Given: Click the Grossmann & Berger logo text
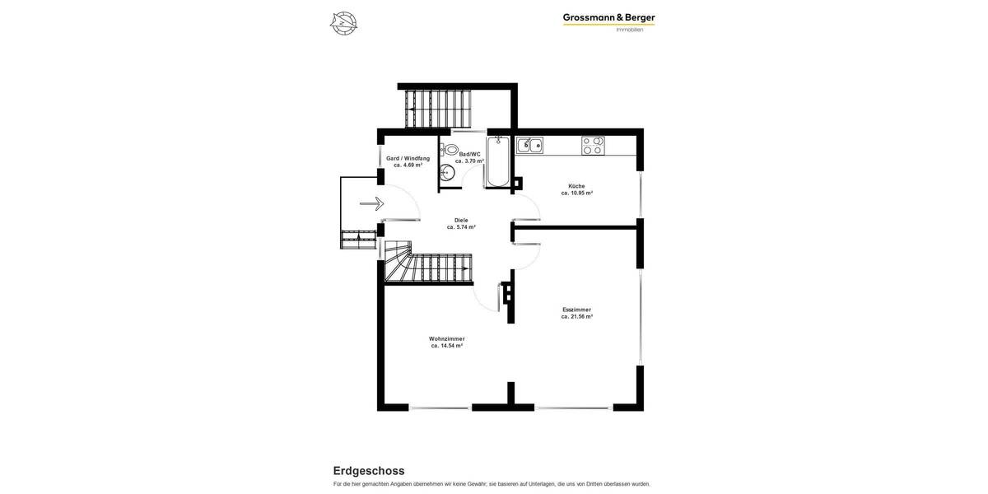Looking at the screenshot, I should (608, 17).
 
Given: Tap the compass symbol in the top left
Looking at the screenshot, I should (343, 23).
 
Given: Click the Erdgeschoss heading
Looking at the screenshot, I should (368, 471).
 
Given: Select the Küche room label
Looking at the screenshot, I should (576, 186).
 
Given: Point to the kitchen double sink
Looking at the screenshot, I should (529, 146).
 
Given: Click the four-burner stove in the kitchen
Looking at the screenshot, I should (592, 146).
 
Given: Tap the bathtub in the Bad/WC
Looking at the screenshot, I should (498, 162).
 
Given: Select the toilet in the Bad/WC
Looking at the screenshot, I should (450, 150).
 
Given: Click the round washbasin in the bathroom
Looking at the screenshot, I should (447, 173).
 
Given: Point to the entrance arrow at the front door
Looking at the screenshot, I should (372, 203).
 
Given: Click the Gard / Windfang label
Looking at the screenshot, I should (408, 158).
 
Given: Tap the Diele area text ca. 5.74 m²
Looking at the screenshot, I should (461, 227).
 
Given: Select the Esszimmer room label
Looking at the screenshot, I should (576, 310).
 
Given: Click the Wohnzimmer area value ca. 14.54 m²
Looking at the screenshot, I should (447, 346).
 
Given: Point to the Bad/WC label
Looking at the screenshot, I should (469, 154).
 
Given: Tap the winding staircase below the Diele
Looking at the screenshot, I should (428, 268).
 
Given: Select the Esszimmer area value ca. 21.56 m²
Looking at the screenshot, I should (577, 317).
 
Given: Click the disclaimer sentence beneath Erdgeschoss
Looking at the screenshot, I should (492, 484).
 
